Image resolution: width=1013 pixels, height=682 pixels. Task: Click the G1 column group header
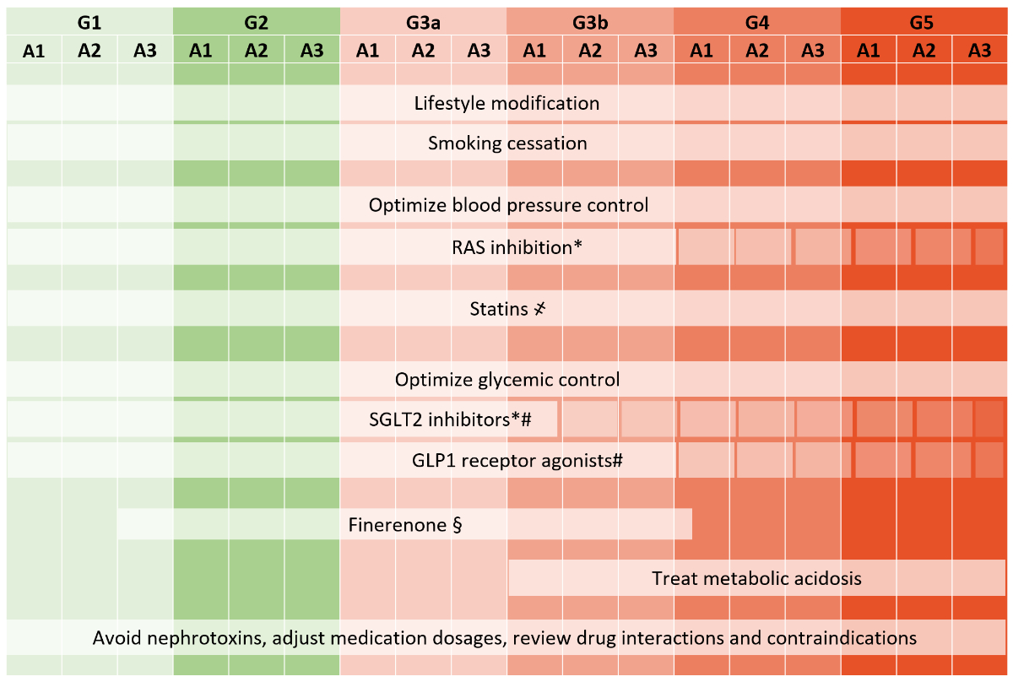89,21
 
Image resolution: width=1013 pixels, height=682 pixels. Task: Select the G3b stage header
589,21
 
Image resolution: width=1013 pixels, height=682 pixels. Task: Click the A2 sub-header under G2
256,51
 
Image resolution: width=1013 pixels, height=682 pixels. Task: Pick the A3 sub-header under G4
812,51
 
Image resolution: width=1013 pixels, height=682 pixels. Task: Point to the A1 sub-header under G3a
367,51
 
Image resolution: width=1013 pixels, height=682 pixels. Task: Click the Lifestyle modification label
506,104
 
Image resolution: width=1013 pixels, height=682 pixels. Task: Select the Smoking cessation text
507,143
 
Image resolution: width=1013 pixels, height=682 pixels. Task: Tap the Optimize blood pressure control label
508,205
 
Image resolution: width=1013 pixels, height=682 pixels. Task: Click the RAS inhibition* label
512,247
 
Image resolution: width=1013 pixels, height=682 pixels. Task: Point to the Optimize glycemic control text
507,380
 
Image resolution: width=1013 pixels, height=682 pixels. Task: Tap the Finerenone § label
404,525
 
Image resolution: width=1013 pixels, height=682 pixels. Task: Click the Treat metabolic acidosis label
756,578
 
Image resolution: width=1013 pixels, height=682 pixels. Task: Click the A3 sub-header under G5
979,51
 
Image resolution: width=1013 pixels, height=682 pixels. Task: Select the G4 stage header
757,21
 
